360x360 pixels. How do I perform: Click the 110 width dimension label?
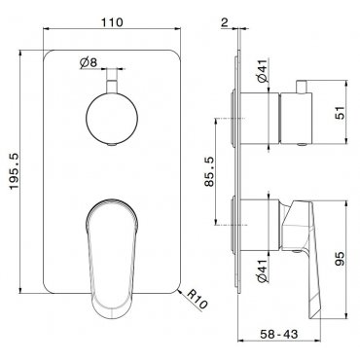click(112, 22)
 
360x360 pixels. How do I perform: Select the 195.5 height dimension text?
click(15, 172)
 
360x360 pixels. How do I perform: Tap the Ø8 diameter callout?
click(89, 62)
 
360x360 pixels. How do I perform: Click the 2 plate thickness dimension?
click(225, 22)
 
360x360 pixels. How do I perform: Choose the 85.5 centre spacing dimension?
click(209, 171)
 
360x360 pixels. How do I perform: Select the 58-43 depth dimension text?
click(278, 334)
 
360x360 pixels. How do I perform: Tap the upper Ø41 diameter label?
click(263, 70)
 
